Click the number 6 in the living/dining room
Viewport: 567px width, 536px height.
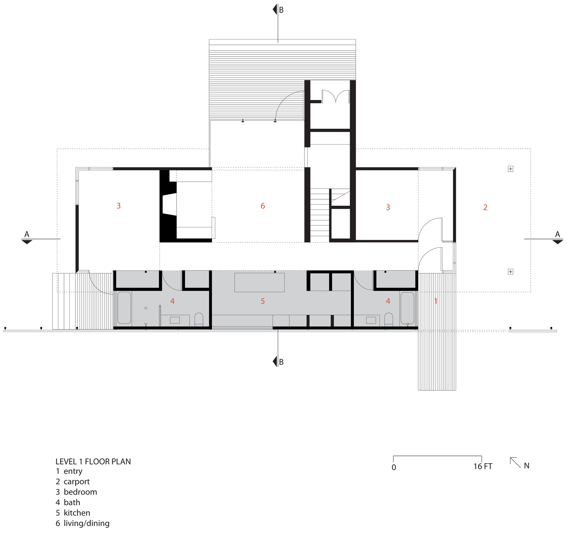[x=263, y=206]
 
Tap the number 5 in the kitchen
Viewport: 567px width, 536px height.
[x=263, y=301]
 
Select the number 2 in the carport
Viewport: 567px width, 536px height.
[x=485, y=207]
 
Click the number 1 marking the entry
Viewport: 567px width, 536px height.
[x=435, y=301]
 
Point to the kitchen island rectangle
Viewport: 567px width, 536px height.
[x=259, y=282]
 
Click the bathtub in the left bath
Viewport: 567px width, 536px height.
[x=124, y=308]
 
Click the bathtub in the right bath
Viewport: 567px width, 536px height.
[x=407, y=308]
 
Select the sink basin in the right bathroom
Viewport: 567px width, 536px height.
[x=371, y=320]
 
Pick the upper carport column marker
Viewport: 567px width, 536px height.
[x=510, y=169]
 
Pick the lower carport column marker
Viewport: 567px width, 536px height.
[x=510, y=272]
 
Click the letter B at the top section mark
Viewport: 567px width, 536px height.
[x=281, y=10]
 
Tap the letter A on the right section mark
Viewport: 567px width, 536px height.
[x=557, y=234]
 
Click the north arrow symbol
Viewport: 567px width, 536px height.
[x=515, y=462]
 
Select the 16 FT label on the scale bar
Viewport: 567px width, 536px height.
[x=483, y=466]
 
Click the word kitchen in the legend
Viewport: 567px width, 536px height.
[x=77, y=512]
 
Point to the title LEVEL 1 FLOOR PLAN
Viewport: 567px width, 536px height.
[x=93, y=461]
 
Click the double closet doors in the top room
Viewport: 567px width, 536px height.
[x=335, y=97]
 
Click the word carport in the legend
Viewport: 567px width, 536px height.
[x=77, y=481]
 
